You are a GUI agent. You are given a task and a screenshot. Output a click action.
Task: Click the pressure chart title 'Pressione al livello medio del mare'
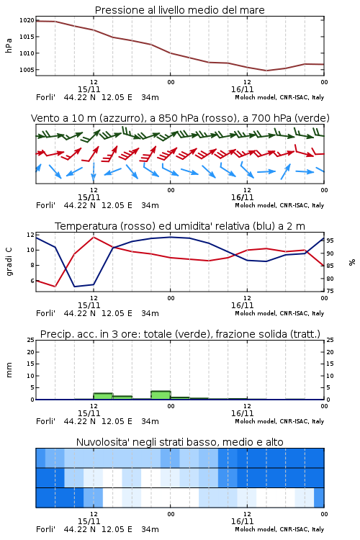tap(179, 10)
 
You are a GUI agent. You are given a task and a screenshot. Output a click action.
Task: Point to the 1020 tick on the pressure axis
tap(27, 20)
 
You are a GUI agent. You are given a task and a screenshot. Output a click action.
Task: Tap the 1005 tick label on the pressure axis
tap(27, 70)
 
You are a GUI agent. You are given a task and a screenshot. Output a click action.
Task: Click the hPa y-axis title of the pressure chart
tap(9, 45)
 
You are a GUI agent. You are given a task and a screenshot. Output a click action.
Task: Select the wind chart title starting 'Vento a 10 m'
tap(180, 118)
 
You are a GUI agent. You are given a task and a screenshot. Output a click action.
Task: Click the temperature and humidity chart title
tap(180, 226)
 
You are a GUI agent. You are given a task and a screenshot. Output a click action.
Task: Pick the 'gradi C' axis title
tap(9, 262)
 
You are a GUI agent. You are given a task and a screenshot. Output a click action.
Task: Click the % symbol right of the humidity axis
tap(352, 262)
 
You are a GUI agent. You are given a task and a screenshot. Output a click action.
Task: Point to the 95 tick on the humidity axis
tap(330, 240)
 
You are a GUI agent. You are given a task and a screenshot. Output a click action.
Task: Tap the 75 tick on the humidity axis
tap(330, 291)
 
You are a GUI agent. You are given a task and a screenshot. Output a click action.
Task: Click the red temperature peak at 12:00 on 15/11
tap(94, 237)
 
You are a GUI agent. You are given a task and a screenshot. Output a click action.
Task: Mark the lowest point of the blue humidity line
tap(75, 287)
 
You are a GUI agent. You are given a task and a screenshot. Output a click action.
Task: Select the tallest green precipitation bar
tap(161, 395)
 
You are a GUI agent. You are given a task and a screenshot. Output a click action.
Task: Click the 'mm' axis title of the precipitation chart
tap(9, 370)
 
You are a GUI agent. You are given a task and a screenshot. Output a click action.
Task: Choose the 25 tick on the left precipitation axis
tap(31, 340)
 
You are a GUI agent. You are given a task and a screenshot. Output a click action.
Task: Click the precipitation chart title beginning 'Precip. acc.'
tap(180, 334)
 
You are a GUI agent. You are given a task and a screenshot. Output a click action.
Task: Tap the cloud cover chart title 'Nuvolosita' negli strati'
tap(180, 442)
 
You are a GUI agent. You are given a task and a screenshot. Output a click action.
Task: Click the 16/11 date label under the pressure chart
tap(242, 89)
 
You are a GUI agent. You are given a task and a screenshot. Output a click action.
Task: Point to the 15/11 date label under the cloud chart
tap(89, 521)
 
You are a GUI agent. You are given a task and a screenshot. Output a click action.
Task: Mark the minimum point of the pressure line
tap(266, 71)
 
